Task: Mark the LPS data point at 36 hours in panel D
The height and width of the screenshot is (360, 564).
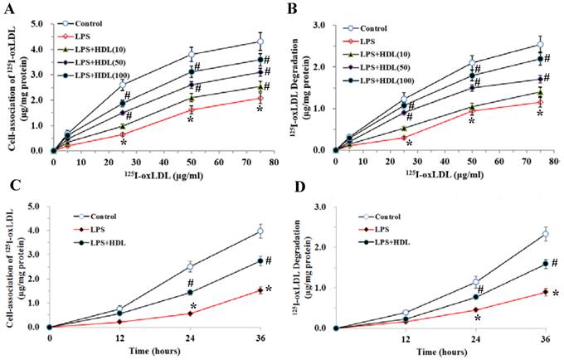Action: pyautogui.click(x=545, y=291)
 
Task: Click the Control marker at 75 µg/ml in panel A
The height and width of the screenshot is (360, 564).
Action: pyautogui.click(x=260, y=41)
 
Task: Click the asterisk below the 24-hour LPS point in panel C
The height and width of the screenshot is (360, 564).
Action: pyautogui.click(x=192, y=304)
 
